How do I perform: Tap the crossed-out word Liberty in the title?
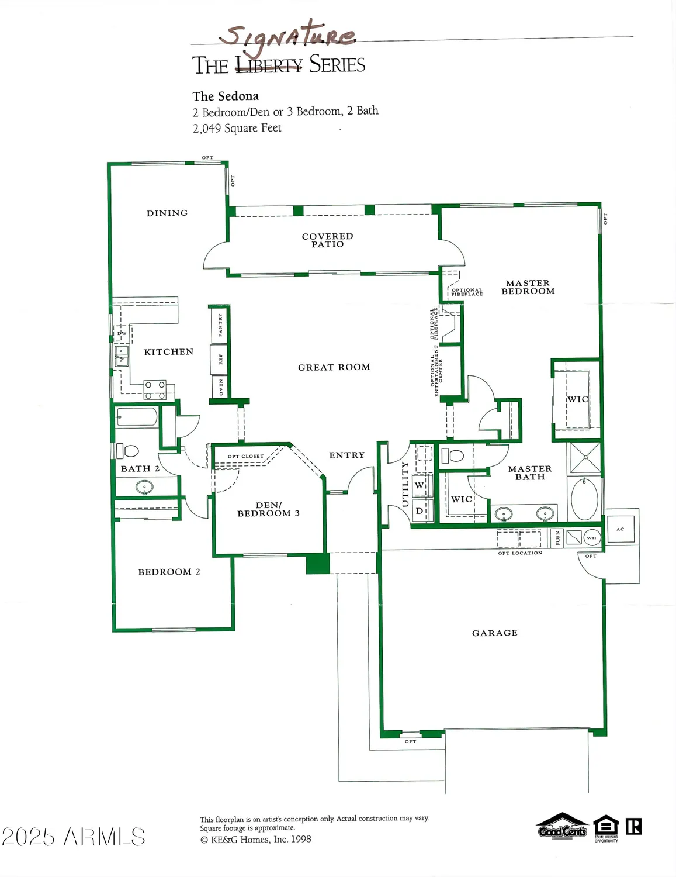pos(269,65)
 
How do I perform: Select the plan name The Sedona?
pos(226,96)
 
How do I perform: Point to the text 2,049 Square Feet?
pos(237,128)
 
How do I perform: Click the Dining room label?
pos(167,213)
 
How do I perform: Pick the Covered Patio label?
pos(327,240)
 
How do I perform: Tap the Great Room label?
pos(334,367)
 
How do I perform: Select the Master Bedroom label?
pos(528,287)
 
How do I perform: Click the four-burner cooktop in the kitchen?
pos(155,390)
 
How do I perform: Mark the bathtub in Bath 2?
pos(137,417)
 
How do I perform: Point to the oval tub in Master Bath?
pos(584,499)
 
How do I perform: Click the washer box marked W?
pos(420,485)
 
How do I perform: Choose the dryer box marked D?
pos(420,510)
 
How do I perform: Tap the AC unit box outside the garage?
pos(620,529)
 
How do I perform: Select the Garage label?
pos(494,633)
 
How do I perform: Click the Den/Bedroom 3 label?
pos(268,509)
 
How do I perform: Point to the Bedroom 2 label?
pos(169,572)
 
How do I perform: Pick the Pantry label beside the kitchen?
pos(220,324)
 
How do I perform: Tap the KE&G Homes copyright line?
pos(255,840)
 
